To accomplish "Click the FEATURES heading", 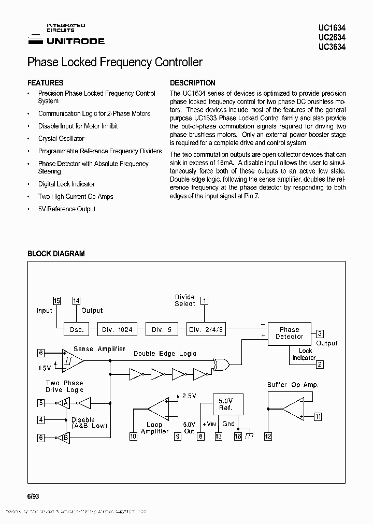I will tap(45, 83).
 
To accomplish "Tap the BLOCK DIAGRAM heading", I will tap(56, 254).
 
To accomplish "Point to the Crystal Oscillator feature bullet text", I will tap(61, 139).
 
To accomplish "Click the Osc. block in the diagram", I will tap(76, 329).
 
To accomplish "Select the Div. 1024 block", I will tap(117, 329).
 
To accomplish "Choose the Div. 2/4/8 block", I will tap(206, 329).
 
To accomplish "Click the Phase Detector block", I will tap(289, 333).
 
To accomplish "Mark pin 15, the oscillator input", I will tap(57, 301).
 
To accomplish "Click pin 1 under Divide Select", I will tap(204, 300).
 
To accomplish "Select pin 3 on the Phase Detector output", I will tap(320, 334).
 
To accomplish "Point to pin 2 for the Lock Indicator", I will tap(320, 365).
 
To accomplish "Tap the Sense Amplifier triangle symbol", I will tap(72, 359).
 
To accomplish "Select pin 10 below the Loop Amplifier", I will tap(133, 436).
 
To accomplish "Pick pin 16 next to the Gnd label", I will tap(238, 436).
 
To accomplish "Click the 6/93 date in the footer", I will tap(33, 496).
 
